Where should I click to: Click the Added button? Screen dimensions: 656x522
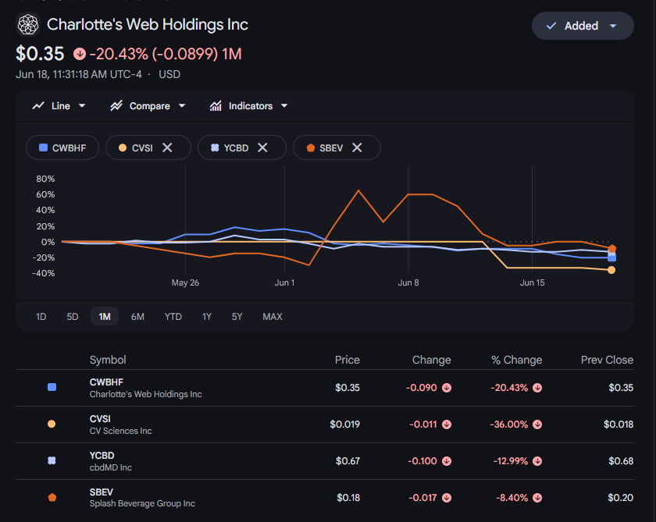583,26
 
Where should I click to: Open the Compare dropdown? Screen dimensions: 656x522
148,106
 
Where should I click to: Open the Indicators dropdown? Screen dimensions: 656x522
248,106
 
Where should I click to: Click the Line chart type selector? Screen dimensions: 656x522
59,106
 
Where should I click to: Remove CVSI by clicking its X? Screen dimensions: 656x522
167,147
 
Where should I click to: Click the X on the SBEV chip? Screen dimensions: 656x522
357,147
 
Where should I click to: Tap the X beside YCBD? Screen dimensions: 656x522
262,147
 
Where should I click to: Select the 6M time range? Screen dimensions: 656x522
137,317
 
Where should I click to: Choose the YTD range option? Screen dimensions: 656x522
173,317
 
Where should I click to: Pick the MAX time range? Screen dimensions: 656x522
273,317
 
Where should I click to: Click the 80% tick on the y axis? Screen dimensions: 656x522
45,179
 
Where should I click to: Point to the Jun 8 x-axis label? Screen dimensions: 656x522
408,283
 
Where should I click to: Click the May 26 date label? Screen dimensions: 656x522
185,283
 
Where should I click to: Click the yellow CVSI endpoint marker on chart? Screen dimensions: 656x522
611,270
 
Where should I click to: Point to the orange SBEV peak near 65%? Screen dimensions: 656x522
358,190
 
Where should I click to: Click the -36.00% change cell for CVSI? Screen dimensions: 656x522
508,424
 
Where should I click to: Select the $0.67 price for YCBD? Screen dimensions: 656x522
348,461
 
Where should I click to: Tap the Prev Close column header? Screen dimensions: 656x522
607,360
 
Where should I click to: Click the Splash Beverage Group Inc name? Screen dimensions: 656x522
142,503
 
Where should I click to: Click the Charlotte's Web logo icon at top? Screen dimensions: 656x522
28,24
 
